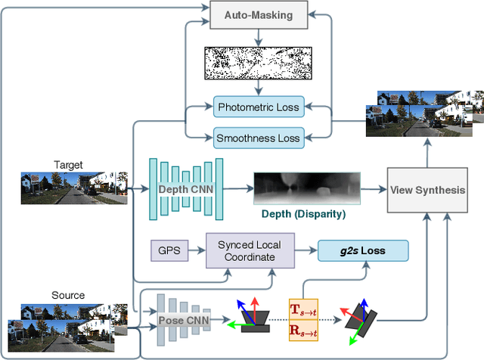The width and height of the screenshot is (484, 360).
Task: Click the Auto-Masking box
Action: (x=259, y=14)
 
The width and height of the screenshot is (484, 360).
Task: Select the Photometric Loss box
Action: (x=258, y=107)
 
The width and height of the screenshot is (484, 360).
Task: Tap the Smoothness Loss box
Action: (x=258, y=138)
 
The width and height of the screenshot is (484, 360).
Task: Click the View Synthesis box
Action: (x=427, y=190)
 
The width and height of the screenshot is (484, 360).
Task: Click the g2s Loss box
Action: (x=362, y=251)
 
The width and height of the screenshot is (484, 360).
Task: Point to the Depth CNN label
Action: (x=186, y=189)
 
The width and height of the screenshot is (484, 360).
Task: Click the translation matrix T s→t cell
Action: (x=305, y=309)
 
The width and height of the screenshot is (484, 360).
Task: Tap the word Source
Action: (x=68, y=295)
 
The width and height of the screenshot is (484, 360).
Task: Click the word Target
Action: (x=68, y=165)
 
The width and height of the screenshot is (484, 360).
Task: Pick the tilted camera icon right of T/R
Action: (x=358, y=318)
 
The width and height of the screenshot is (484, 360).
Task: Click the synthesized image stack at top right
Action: (x=423, y=113)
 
